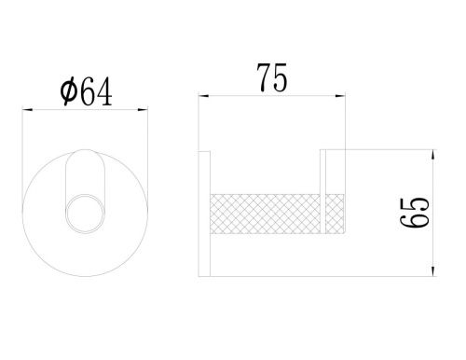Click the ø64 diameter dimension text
[x=86, y=91]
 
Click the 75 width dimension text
[x=272, y=78]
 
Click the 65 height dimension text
[x=415, y=212]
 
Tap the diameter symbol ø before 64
[x=68, y=91]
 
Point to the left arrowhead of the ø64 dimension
[x=27, y=109]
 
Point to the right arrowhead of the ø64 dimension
[x=143, y=109]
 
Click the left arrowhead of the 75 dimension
[x=203, y=96]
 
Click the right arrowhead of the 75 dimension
[x=340, y=96]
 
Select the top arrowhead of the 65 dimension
[x=433, y=155]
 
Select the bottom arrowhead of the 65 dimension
[x=433, y=271]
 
